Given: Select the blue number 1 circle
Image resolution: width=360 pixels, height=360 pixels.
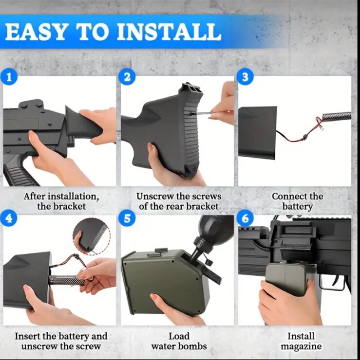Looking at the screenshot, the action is [9, 77].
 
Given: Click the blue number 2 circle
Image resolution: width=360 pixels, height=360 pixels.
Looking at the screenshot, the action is [127, 77].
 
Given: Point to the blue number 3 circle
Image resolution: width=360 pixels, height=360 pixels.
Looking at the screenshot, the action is [246, 77].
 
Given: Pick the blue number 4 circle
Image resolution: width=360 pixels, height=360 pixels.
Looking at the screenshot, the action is [9, 218].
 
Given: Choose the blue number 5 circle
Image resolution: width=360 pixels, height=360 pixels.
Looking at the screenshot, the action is [127, 218].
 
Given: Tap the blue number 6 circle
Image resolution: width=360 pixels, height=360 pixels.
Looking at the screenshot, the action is [246, 218].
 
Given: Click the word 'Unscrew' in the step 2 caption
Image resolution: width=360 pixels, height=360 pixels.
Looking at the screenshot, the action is [155, 197].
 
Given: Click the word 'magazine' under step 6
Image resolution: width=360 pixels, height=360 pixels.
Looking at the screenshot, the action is [301, 346].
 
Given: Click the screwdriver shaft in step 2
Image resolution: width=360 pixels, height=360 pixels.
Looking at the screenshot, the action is [202, 113].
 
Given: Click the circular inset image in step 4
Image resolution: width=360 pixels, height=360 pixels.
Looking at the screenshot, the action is [92, 236].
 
